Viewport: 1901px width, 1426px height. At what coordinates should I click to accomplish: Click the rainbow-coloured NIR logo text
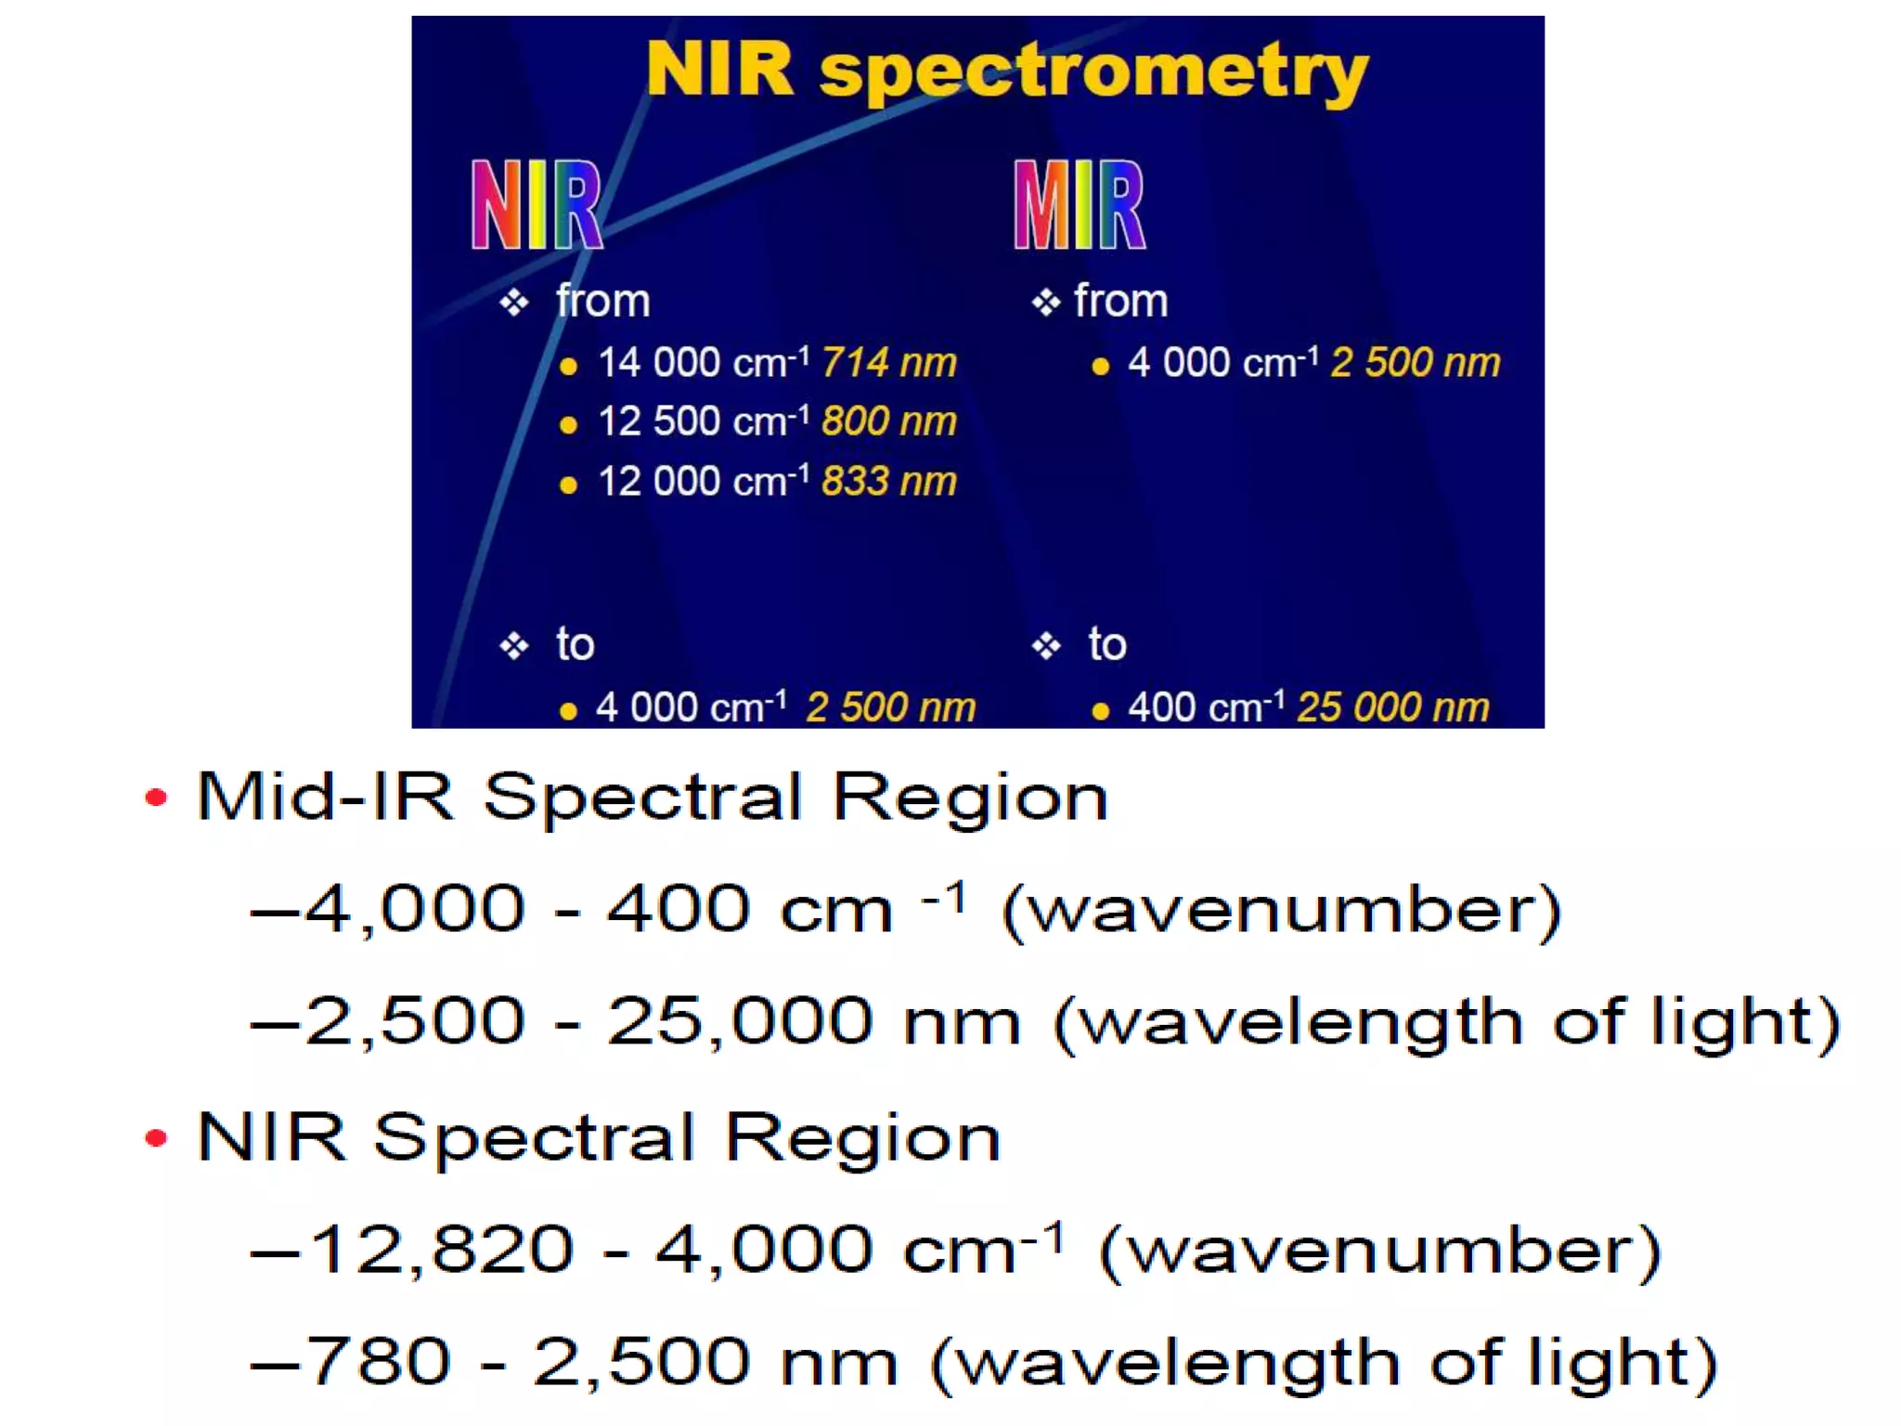[537, 206]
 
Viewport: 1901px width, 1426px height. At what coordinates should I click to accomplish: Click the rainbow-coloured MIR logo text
[1080, 206]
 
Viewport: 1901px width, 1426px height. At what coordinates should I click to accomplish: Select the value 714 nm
[888, 363]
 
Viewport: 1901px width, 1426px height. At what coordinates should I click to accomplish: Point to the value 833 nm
[888, 482]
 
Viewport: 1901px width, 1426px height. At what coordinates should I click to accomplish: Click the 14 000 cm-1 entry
[703, 363]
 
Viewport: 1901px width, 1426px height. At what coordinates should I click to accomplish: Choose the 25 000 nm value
[1392, 708]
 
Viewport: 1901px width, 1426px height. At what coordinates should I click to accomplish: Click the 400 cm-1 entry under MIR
[1205, 708]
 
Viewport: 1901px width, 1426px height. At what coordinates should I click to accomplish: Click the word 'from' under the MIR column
[1120, 302]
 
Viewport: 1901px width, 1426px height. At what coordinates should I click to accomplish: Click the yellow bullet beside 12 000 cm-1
[569, 485]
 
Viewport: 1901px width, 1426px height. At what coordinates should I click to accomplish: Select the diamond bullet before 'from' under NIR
[513, 303]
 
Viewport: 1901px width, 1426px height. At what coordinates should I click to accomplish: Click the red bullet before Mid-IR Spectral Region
[156, 797]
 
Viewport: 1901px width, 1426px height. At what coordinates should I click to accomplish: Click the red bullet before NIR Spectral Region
[156, 1138]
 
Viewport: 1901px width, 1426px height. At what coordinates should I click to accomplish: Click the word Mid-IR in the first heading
[325, 797]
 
